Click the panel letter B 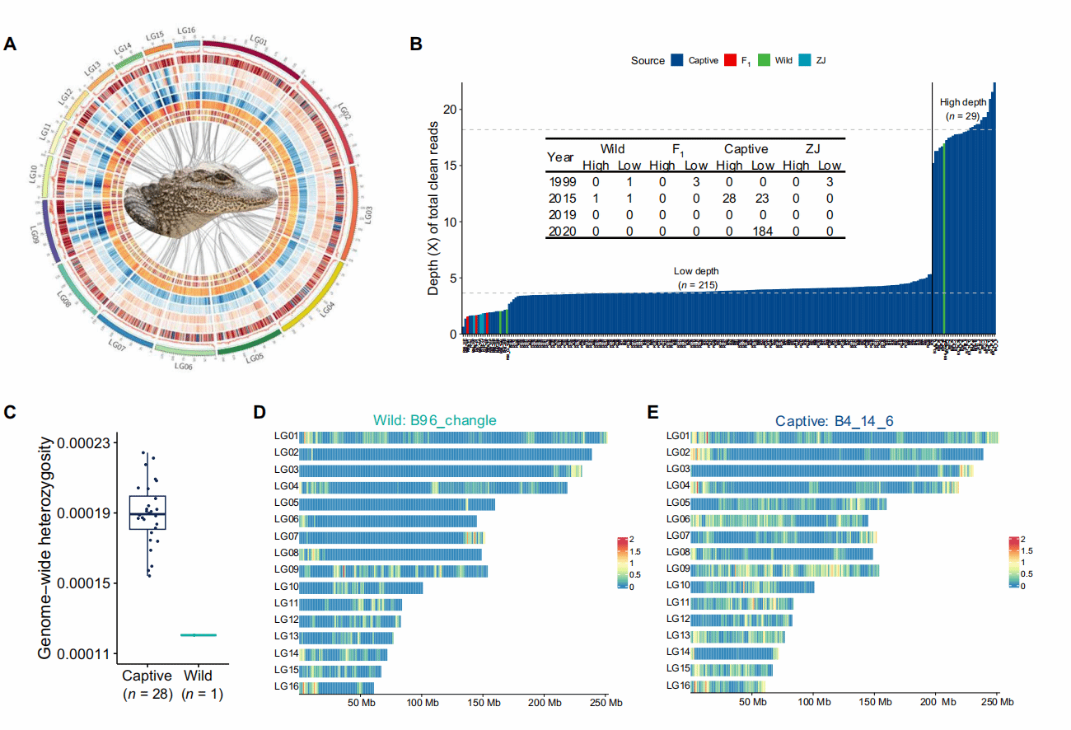416,45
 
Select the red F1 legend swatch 729,60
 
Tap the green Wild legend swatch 765,60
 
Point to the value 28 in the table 727,199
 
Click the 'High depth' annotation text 963,102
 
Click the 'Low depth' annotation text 696,272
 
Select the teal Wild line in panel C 199,634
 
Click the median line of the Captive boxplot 147,514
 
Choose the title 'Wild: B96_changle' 434,420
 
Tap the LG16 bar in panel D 337,687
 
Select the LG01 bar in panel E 844,437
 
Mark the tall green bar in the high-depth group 944,239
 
